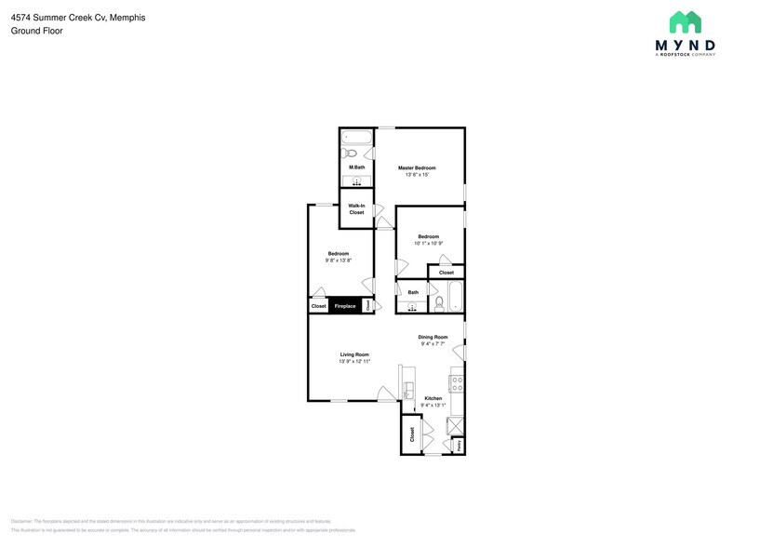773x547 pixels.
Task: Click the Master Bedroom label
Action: pyautogui.click(x=417, y=167)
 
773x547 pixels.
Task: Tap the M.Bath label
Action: pyautogui.click(x=356, y=167)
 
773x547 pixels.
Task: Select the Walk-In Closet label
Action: pyautogui.click(x=356, y=209)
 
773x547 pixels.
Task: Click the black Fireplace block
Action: pyautogui.click(x=344, y=306)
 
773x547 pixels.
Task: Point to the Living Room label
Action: pyautogui.click(x=354, y=354)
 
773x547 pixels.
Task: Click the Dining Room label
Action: pyautogui.click(x=433, y=337)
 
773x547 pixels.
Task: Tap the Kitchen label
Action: pyautogui.click(x=433, y=398)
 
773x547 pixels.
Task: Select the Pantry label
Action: pyautogui.click(x=459, y=447)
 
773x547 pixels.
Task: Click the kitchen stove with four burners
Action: pyautogui.click(x=457, y=382)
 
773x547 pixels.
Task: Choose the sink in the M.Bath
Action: pyautogui.click(x=356, y=180)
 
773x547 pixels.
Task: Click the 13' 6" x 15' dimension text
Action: pyautogui.click(x=417, y=175)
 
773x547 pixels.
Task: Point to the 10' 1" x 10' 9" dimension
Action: pyautogui.click(x=428, y=244)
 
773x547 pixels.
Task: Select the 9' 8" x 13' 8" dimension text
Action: pyautogui.click(x=338, y=260)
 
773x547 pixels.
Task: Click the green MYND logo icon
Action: pyautogui.click(x=685, y=22)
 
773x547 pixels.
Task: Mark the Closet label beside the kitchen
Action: pyautogui.click(x=410, y=434)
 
